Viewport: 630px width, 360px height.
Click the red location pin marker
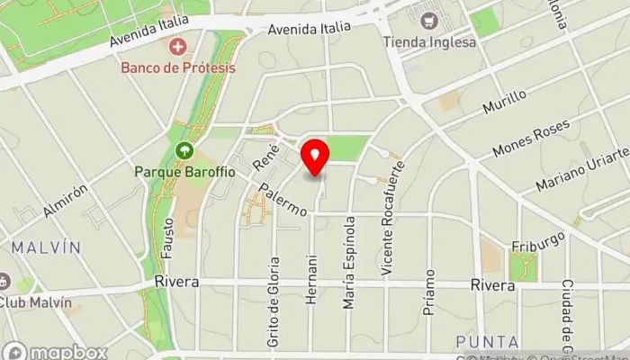coord(315,157)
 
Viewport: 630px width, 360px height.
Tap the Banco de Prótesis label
coord(179,67)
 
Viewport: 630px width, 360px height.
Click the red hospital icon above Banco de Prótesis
coord(178,45)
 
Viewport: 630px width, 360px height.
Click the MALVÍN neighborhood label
coord(47,247)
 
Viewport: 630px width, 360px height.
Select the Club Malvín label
coord(35,302)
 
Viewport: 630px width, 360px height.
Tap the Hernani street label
coord(311,282)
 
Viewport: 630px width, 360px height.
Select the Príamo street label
coord(430,290)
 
